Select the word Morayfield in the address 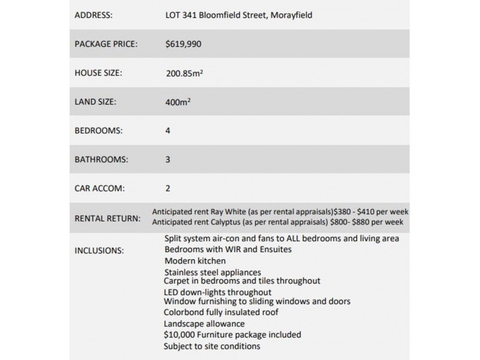click(290, 14)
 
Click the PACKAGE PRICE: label click(106, 44)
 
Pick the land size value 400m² click(178, 102)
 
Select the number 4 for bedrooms click(168, 130)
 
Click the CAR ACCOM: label click(99, 188)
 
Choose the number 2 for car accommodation click(168, 188)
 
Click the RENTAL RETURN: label click(107, 217)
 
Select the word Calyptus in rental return click(226, 222)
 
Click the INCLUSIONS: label click(99, 250)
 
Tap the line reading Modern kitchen click(194, 261)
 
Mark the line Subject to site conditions click(212, 346)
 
